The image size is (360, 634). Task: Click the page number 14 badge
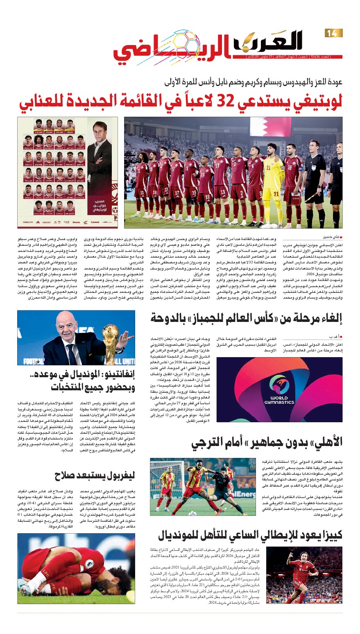point(333,33)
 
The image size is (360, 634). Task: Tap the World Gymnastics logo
point(279,389)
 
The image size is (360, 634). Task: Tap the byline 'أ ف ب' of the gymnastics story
point(336,336)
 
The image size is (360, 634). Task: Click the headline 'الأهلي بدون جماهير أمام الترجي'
point(267,442)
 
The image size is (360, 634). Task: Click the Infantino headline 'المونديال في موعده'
point(76,381)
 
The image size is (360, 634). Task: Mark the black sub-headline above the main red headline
point(253,82)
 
